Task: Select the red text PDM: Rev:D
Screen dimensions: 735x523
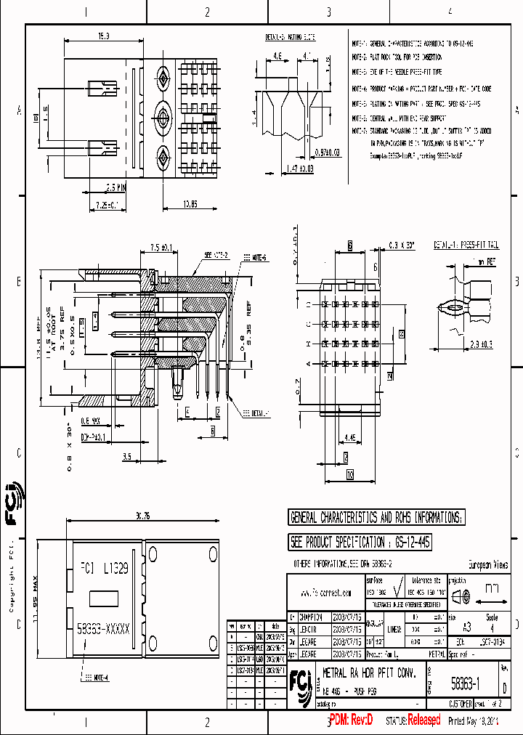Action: pos(351,720)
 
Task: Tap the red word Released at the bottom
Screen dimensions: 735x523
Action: pos(423,720)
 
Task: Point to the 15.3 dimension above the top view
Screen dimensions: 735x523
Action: pos(104,36)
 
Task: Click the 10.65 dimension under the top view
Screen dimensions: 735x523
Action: pos(191,203)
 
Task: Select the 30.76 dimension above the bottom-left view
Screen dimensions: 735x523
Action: pos(142,516)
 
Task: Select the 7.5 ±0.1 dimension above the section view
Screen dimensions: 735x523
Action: pos(161,248)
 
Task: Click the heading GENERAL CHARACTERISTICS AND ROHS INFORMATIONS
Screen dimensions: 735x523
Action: pos(376,518)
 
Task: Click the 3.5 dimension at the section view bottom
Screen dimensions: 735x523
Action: pos(126,456)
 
